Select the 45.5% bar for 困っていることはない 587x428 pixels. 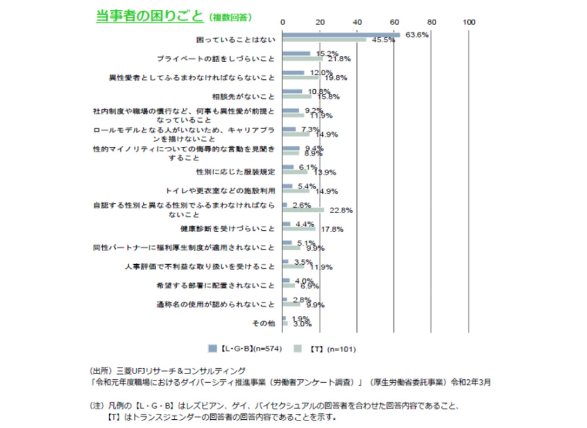click(324, 41)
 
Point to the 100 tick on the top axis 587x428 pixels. click(468, 22)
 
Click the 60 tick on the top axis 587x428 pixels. click(394, 22)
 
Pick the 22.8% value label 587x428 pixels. click(340, 210)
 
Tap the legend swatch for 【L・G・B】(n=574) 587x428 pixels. click(212, 349)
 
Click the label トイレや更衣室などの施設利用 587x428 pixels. click(221, 191)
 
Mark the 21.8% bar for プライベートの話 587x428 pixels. click(302, 59)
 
